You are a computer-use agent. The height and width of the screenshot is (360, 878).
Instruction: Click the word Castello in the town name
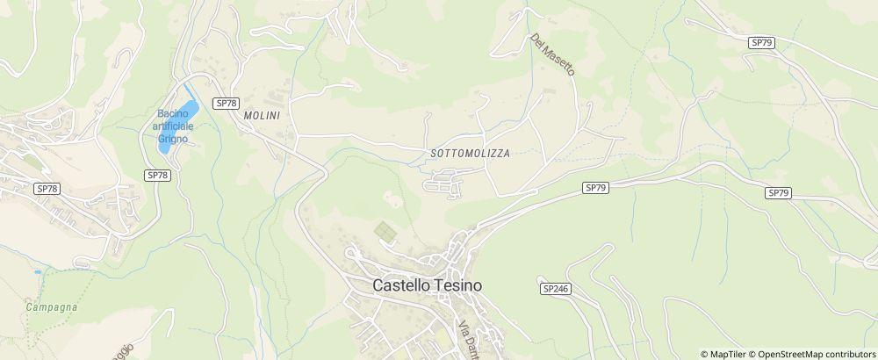(x=400, y=285)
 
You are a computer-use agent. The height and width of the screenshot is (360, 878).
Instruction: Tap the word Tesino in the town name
(x=456, y=285)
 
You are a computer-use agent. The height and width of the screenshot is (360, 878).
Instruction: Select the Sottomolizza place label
(x=471, y=153)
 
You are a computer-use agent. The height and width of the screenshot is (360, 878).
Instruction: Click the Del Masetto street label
(x=551, y=54)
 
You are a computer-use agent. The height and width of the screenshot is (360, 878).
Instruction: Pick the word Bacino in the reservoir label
(x=173, y=113)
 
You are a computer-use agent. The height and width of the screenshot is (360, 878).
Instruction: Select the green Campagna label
(x=51, y=307)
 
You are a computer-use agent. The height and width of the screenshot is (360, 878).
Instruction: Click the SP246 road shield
(x=556, y=288)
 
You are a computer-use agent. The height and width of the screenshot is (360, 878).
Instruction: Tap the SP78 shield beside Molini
(x=226, y=103)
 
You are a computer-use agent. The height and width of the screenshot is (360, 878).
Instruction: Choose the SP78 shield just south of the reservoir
(x=157, y=176)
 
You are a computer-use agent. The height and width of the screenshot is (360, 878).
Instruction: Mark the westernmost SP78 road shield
(x=47, y=189)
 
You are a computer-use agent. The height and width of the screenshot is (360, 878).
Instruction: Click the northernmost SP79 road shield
(x=761, y=42)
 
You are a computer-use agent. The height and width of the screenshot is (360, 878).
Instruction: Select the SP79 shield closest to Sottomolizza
(x=595, y=188)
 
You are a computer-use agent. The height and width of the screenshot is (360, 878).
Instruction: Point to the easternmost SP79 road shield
(x=778, y=193)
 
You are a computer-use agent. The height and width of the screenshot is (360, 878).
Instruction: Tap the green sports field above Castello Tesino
(x=385, y=232)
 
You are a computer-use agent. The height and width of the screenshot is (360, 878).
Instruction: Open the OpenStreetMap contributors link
(x=817, y=354)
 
